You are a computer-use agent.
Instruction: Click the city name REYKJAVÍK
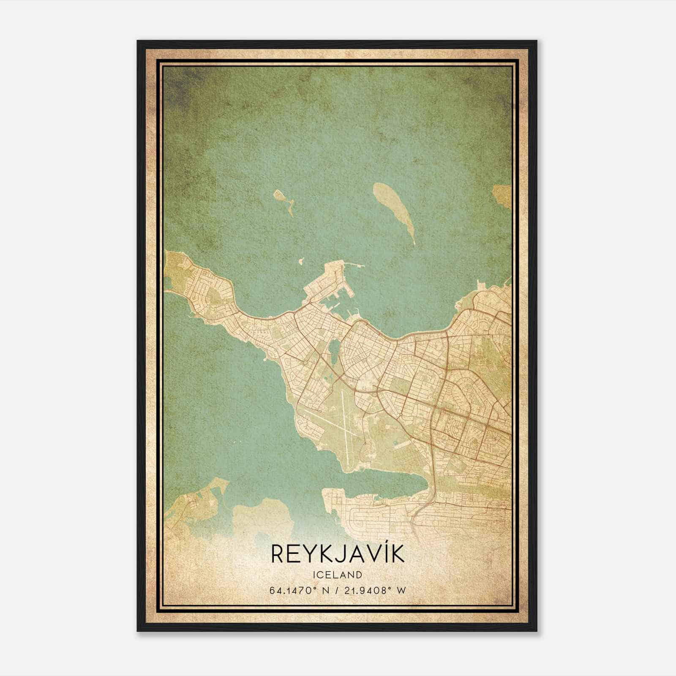[x=337, y=554]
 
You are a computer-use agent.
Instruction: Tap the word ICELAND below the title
[x=337, y=575]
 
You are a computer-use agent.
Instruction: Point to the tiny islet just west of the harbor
[x=300, y=262]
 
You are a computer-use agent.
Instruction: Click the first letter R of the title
[x=277, y=554]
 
